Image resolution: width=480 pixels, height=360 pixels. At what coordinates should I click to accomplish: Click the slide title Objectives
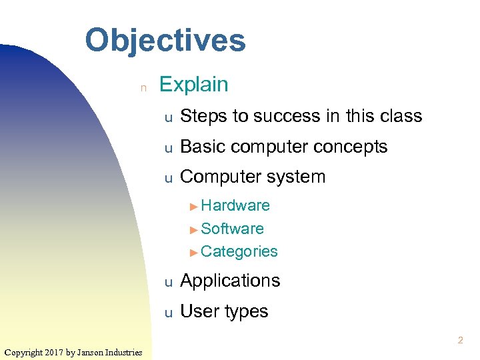point(165,40)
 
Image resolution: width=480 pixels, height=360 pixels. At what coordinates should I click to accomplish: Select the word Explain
point(193,85)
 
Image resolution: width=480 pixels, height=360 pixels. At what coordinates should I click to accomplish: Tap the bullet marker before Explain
point(142,87)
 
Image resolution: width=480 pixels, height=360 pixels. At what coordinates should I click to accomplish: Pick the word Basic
point(203,147)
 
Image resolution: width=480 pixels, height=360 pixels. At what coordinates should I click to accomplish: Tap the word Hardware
point(235,205)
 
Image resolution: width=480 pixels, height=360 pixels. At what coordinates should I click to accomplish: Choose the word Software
point(232,229)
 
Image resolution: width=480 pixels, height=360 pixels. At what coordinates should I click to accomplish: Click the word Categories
point(239,251)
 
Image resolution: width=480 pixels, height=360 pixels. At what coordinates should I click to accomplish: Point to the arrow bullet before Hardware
point(194,206)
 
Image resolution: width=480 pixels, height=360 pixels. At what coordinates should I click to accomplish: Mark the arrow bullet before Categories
point(194,252)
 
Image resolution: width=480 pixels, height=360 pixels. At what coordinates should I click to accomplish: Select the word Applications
point(230,281)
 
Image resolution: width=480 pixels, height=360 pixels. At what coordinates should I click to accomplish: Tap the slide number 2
point(460,341)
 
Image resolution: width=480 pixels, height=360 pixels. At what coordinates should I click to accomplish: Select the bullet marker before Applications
point(169,283)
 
